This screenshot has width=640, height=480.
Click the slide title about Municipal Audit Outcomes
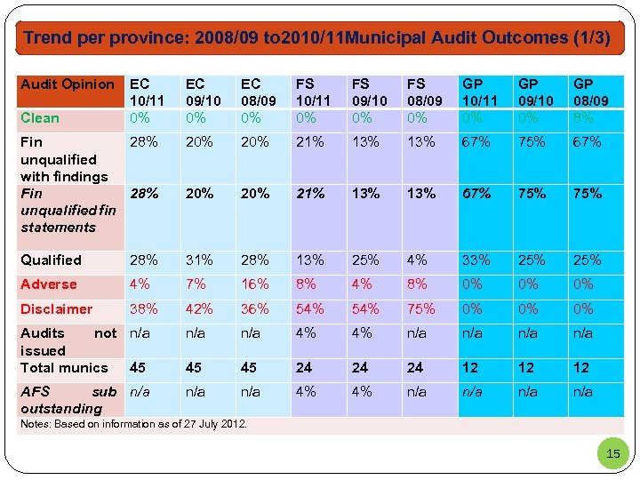click(x=317, y=38)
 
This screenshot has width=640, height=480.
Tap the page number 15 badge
click(x=612, y=454)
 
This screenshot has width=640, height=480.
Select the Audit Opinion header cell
click(x=68, y=84)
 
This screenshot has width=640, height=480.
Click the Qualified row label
click(x=51, y=260)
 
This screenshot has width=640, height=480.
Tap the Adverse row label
click(x=49, y=284)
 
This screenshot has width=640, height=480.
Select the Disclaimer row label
click(x=56, y=309)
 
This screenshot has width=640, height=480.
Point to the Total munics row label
click(x=64, y=368)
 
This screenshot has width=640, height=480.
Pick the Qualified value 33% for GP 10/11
click(x=476, y=260)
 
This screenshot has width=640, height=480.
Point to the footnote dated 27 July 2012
click(x=133, y=424)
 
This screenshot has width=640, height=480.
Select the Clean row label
click(x=40, y=118)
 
